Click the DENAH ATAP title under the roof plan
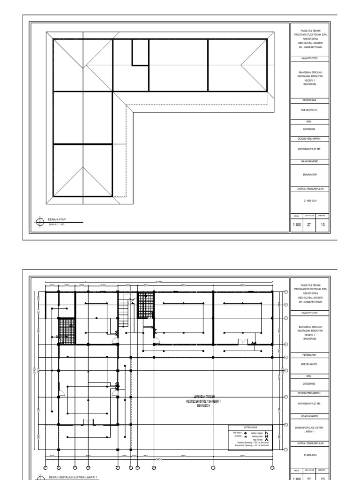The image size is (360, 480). point(56,219)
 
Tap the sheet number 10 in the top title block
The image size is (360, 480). point(322,225)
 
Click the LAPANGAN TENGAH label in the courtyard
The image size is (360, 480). point(200,396)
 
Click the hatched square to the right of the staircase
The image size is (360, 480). point(146,305)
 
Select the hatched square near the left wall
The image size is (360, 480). point(67,328)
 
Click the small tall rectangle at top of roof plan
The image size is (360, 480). point(140,52)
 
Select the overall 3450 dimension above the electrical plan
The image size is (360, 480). point(159,282)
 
